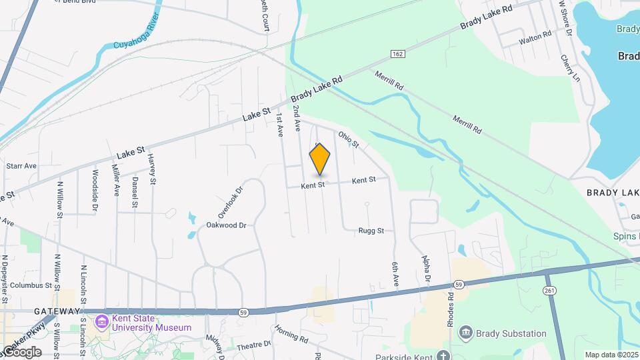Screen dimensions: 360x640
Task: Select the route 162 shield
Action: pyautogui.click(x=398, y=53)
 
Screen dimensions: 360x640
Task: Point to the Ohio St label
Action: pyautogui.click(x=348, y=139)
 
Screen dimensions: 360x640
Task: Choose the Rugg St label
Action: pyautogui.click(x=372, y=231)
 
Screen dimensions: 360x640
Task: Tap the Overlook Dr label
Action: pyautogui.click(x=231, y=199)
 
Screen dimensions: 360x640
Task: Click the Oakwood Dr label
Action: pyautogui.click(x=226, y=225)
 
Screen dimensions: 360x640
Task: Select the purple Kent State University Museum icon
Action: pyautogui.click(x=101, y=323)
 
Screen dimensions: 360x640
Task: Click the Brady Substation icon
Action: pyautogui.click(x=466, y=332)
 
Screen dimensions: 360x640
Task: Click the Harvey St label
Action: pyautogui.click(x=152, y=169)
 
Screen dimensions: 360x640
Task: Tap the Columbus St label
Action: pyautogui.click(x=31, y=285)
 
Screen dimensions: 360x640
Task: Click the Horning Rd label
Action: pyautogui.click(x=291, y=335)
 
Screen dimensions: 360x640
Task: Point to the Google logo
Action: pyautogui.click(x=21, y=352)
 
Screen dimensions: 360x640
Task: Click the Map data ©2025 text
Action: pyautogui.click(x=611, y=355)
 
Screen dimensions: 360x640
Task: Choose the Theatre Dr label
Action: pyautogui.click(x=254, y=345)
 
